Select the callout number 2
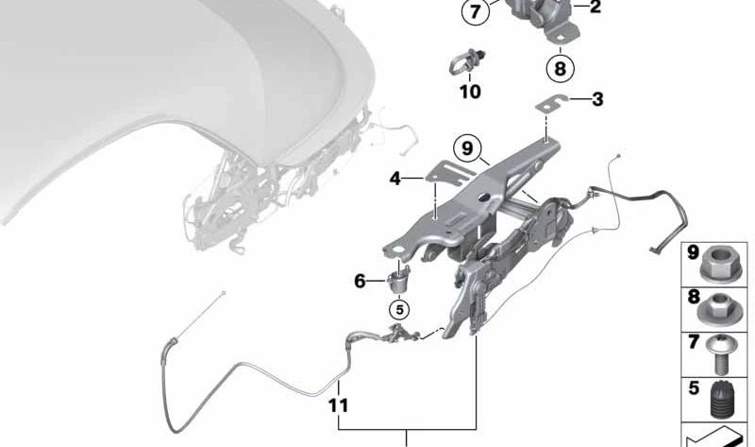596,8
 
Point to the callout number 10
469,92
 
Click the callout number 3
597,98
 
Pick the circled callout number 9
466,147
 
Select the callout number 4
395,177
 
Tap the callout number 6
359,281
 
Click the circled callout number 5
399,308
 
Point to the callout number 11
338,406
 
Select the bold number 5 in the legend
693,387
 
